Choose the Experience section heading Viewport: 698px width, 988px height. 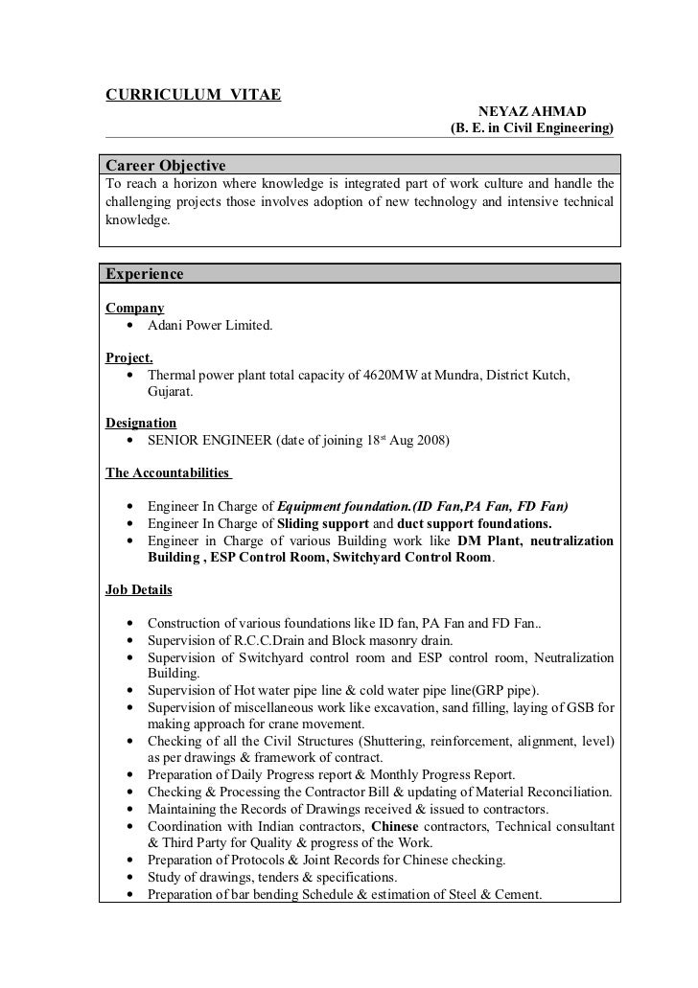(x=144, y=274)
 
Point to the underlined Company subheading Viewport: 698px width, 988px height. (x=134, y=309)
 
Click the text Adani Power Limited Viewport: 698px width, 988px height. (x=210, y=326)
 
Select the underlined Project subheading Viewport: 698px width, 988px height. (x=129, y=358)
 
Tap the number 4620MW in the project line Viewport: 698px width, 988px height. (x=390, y=376)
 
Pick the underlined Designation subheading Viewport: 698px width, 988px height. (x=141, y=423)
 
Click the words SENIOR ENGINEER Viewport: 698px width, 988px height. (x=210, y=441)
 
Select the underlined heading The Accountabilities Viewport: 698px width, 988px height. (x=167, y=472)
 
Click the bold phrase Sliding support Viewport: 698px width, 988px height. (x=322, y=523)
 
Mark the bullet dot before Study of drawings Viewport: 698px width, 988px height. (x=129, y=878)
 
